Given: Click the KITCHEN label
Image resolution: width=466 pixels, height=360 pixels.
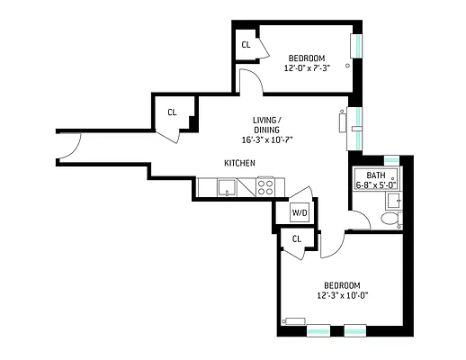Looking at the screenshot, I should [239, 162].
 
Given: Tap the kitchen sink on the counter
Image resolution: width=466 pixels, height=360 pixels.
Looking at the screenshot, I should [226, 187].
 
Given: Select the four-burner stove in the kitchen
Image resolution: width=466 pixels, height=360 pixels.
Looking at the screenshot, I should [265, 187].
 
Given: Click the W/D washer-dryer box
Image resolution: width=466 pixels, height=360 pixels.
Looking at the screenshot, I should [299, 212].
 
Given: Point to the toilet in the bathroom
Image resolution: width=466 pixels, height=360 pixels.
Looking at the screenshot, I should [390, 219].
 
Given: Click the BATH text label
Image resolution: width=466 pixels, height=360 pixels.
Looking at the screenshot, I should [375, 175].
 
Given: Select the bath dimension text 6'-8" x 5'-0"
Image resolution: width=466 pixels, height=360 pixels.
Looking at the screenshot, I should [375, 184].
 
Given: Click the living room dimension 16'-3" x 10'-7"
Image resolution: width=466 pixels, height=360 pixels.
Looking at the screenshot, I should [267, 139].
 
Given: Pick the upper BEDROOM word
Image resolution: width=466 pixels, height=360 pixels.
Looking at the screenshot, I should [306, 58].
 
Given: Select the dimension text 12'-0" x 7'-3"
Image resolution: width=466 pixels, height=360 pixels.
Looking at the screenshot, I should [307, 67].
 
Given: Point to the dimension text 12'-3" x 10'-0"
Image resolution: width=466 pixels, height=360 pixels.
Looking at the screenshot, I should [343, 293].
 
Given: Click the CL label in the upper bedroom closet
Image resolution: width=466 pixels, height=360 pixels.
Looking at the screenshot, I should [246, 45].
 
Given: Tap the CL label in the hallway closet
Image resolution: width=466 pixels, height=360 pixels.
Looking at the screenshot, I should [171, 112].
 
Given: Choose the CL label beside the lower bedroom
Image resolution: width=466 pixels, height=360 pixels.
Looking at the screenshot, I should [297, 238].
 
